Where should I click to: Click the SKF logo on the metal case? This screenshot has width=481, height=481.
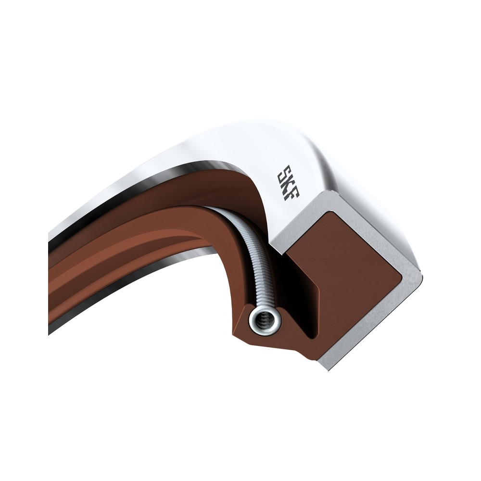[x=288, y=183]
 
